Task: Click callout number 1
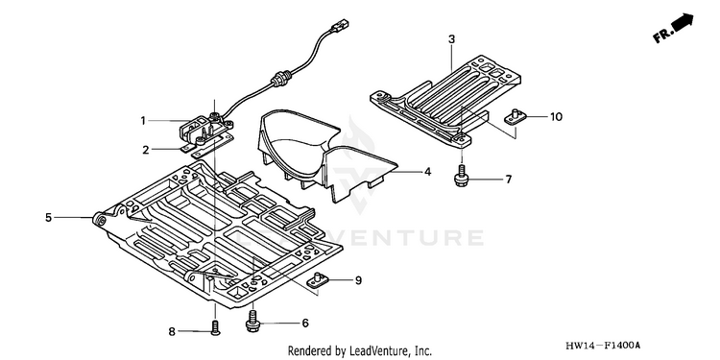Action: pos(143,121)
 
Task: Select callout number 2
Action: pos(146,150)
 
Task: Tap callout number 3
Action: pos(452,39)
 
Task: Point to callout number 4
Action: pos(427,172)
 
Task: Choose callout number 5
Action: pos(49,218)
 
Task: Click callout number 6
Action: pos(305,324)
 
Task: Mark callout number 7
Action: pos(508,180)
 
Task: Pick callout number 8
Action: pos(172,331)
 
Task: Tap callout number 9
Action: pos(359,279)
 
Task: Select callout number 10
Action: pos(556,117)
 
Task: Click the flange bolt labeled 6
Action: pos(252,321)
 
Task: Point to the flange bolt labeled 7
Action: pos(460,177)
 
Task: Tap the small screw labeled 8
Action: pos(215,328)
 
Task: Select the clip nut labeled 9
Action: pos(317,280)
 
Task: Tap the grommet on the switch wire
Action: pos(278,79)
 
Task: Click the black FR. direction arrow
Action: pos(680,23)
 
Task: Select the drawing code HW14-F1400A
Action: pos(603,346)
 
